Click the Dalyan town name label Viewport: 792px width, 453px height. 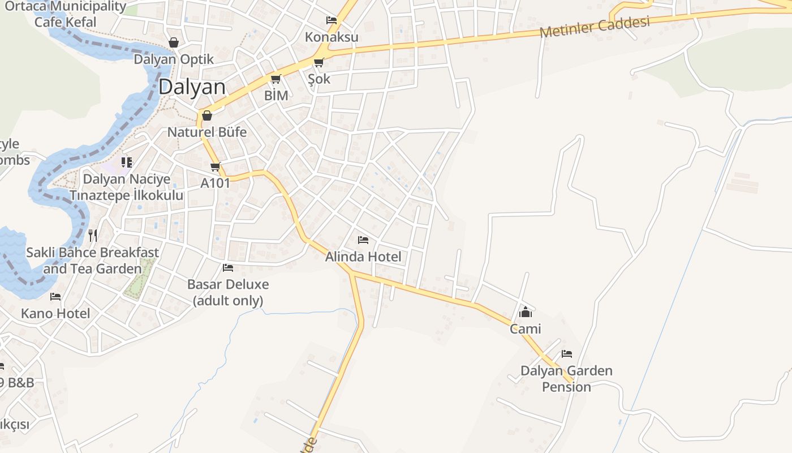pos(192,87)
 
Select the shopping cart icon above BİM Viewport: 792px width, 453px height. pos(276,79)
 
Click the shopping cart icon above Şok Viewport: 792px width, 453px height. pos(318,63)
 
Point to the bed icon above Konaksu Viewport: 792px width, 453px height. pos(332,20)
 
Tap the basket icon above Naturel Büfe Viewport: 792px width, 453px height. pos(207,116)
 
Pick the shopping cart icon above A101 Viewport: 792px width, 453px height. pos(215,166)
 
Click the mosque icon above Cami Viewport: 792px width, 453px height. pos(526,312)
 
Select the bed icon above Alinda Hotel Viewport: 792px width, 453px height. pos(363,240)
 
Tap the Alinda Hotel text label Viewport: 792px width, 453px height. pos(363,257)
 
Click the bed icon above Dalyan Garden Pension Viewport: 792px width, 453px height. pos(567,354)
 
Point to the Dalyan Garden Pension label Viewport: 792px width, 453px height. pos(566,379)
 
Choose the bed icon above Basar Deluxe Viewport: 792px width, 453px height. pos(228,267)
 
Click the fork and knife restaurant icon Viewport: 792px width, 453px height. pos(93,235)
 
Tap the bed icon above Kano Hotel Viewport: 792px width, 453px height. pos(55,296)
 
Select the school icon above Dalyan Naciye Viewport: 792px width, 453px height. pos(127,163)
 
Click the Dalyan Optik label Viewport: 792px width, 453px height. pos(174,59)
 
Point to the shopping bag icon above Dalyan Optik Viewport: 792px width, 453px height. pos(174,42)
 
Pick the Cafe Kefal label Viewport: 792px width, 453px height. pos(66,22)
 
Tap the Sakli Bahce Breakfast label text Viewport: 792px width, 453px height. pos(93,253)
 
